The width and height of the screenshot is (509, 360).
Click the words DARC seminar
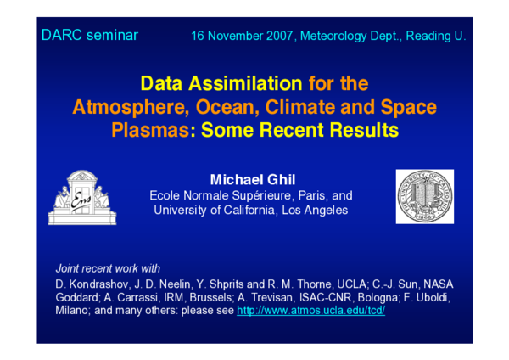[x=89, y=36]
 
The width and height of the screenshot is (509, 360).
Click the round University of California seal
[x=424, y=196]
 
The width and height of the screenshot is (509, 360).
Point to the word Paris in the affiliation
[x=299, y=195]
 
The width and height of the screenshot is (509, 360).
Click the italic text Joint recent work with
[x=107, y=266]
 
